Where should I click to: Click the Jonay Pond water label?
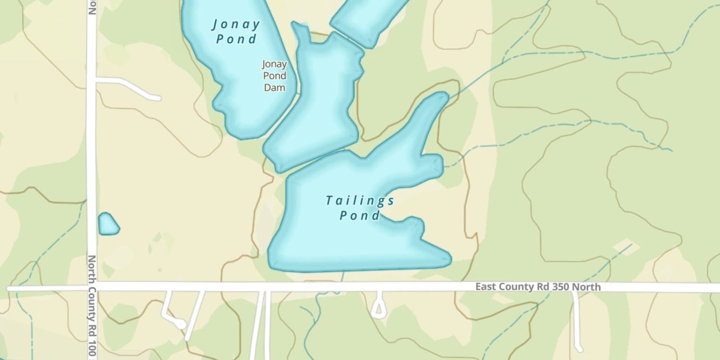[236, 31]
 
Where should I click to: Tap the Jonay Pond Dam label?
[275, 76]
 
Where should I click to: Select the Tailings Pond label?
[360, 208]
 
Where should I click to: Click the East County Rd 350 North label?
[538, 287]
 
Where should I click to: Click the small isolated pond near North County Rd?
[108, 225]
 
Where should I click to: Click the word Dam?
[275, 87]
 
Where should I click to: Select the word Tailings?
[360, 201]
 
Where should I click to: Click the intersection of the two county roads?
[91, 288]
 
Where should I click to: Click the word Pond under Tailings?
[360, 216]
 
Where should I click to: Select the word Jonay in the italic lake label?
[236, 24]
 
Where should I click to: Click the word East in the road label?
[486, 287]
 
